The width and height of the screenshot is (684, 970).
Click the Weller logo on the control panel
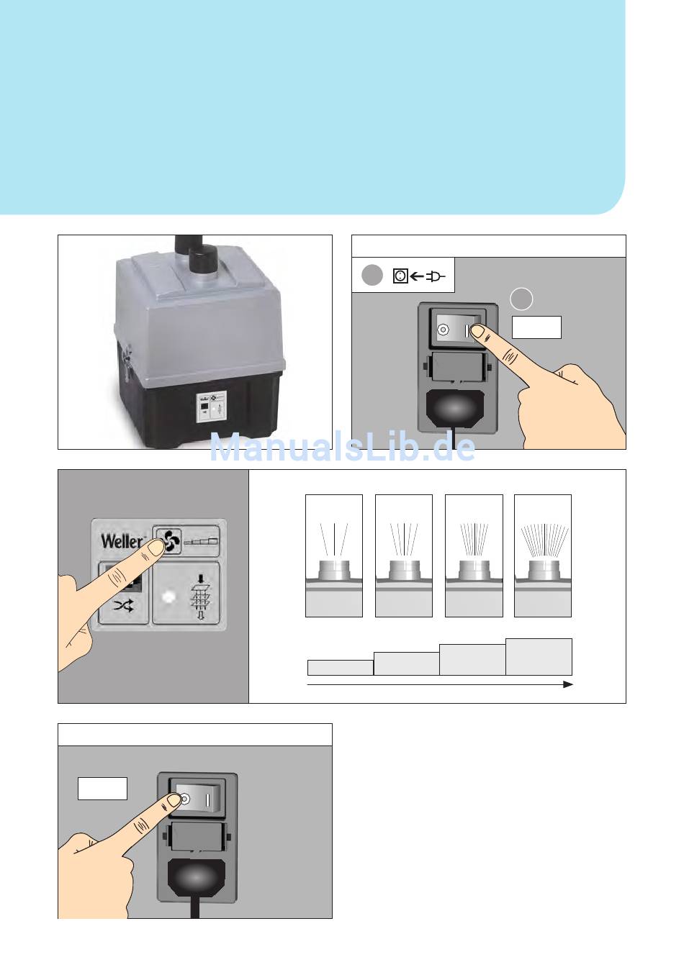click(x=121, y=541)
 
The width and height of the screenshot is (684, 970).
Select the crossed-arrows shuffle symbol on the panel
click(x=123, y=606)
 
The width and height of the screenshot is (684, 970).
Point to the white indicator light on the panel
click(x=168, y=597)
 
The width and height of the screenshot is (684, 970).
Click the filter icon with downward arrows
click(x=200, y=597)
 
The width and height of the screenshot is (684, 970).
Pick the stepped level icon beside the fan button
click(x=201, y=541)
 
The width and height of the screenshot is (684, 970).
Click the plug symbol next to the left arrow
click(x=436, y=276)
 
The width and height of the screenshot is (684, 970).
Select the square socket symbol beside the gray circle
click(x=400, y=276)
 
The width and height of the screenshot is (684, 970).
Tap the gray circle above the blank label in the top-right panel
click(x=521, y=299)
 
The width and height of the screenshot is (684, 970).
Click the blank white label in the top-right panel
click(x=536, y=327)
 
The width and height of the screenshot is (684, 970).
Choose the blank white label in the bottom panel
click(x=102, y=788)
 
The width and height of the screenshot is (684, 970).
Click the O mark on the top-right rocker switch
click(x=443, y=330)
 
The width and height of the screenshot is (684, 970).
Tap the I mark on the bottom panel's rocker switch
click(x=207, y=799)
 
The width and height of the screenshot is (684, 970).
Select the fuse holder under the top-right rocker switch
click(x=456, y=367)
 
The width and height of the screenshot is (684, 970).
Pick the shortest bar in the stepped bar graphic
click(x=340, y=667)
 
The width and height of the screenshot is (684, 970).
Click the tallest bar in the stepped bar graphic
click(x=539, y=656)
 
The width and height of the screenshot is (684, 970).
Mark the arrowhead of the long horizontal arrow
click(x=568, y=684)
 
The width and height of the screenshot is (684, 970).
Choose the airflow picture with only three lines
click(x=333, y=556)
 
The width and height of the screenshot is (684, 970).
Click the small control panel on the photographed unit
click(x=212, y=407)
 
